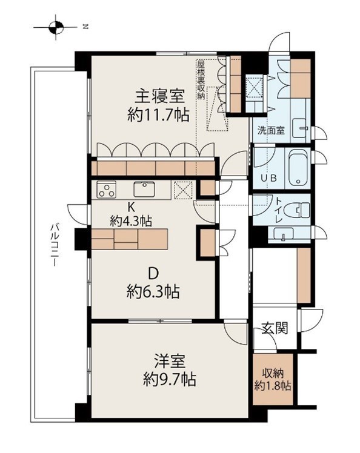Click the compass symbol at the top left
[x=56, y=27]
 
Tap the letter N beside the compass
[x=85, y=27]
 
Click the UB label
[x=267, y=178]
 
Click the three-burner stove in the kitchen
[x=107, y=190]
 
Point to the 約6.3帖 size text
[x=153, y=292]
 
